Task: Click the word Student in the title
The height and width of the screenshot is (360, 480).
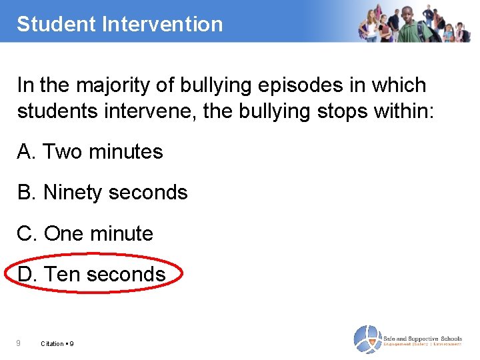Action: click(x=57, y=24)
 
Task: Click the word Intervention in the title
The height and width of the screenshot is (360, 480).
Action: click(x=162, y=24)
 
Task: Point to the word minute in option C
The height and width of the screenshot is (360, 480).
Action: click(x=121, y=234)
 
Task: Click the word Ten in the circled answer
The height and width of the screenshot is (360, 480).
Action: click(x=62, y=274)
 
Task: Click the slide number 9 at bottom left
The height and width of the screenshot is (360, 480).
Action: click(x=19, y=343)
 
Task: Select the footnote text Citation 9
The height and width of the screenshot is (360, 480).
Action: click(x=57, y=344)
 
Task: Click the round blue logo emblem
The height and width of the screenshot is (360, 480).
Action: click(x=367, y=339)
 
